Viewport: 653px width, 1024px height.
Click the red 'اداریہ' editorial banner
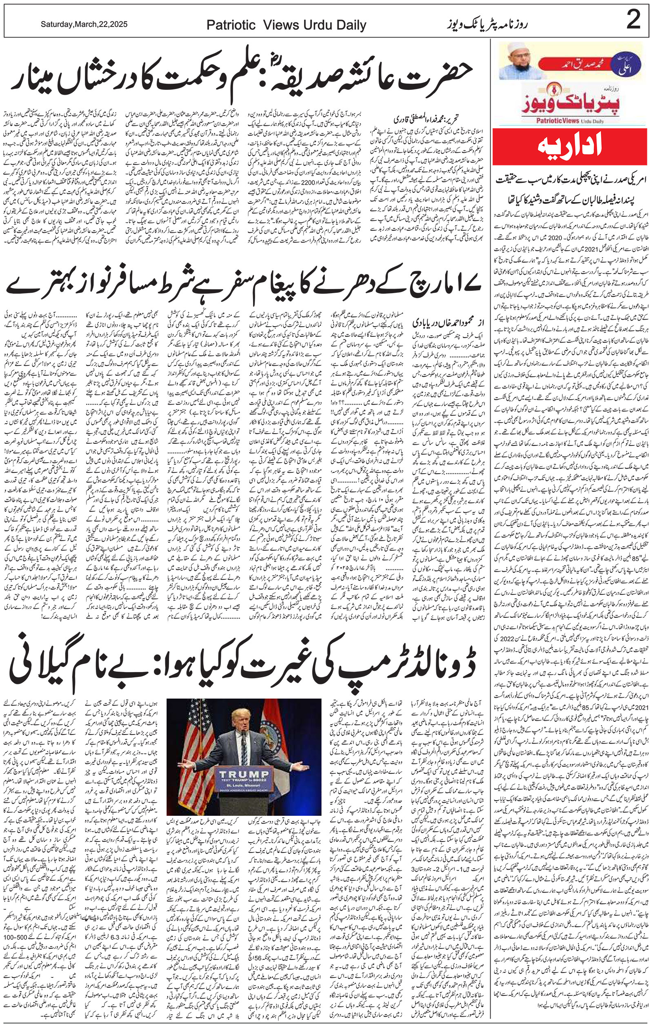[x=569, y=147]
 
